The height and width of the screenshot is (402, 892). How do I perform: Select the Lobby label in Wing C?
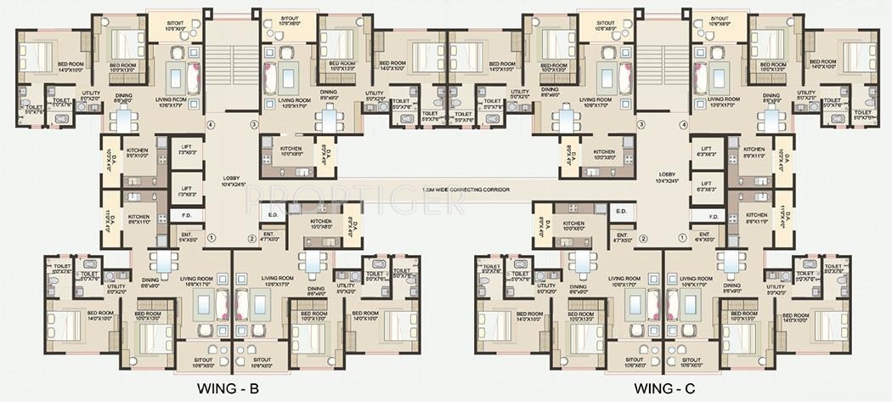(667, 178)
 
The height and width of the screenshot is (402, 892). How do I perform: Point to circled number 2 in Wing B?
(251, 238)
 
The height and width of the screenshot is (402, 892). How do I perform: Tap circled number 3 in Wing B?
(253, 125)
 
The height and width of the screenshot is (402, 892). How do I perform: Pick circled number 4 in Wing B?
(212, 125)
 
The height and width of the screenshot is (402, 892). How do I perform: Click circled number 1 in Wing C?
(684, 238)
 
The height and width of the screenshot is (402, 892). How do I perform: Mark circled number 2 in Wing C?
(644, 238)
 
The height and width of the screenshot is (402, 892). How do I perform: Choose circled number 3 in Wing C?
(641, 125)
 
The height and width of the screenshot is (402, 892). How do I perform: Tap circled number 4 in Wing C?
(682, 125)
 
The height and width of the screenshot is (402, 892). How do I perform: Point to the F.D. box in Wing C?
(711, 217)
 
